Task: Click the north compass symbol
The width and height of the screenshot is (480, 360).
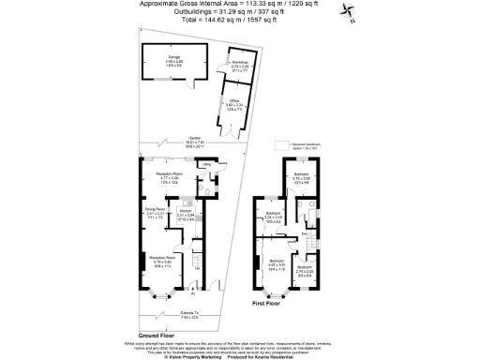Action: coord(346,12)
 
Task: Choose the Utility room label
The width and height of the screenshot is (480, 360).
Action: coord(206,164)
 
